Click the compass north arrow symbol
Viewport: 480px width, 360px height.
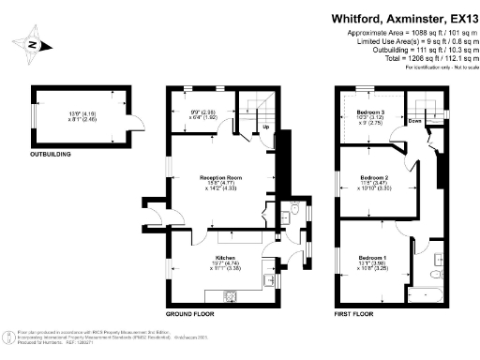tap(31, 44)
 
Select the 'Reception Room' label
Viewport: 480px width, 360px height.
tap(221, 176)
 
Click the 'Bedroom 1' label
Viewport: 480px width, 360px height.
tap(372, 258)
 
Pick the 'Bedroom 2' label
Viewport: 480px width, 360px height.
tap(374, 177)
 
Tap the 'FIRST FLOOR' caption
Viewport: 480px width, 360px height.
tap(357, 311)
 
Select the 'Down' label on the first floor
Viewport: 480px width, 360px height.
tap(414, 121)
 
